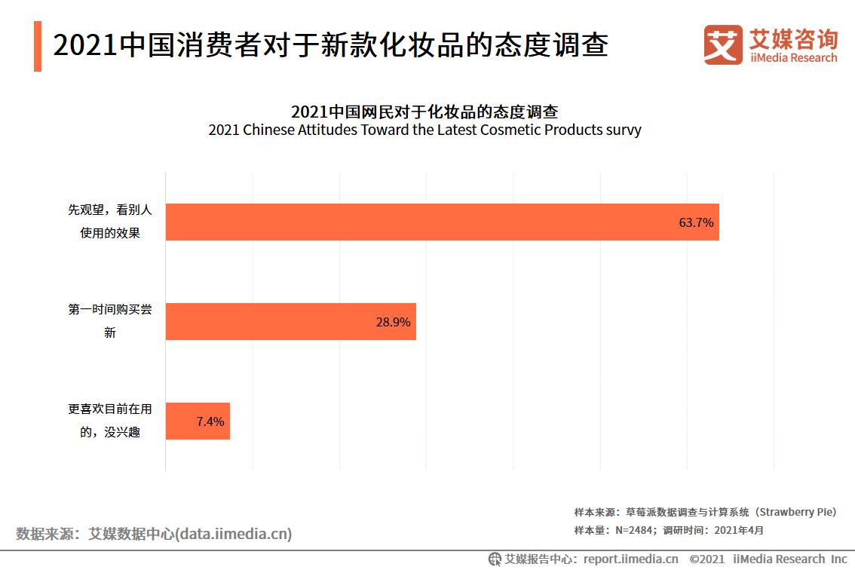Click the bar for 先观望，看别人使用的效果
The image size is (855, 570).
point(442,222)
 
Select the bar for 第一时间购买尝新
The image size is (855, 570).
point(290,322)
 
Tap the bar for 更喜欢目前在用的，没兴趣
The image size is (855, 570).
point(197,421)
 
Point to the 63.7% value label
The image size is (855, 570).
point(695,223)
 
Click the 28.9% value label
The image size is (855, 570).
point(393,323)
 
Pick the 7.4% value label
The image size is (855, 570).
point(210,422)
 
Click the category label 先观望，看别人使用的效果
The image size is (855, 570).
point(110,222)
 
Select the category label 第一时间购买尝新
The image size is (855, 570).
point(110,321)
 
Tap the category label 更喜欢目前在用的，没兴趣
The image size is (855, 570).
point(110,421)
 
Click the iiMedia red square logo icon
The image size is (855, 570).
point(722,44)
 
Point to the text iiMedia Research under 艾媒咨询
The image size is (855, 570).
point(793,58)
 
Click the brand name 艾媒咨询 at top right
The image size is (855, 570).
point(793,38)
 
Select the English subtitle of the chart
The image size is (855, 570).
point(424,130)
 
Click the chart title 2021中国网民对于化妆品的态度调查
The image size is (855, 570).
point(424,112)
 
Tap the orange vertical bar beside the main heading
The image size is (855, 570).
point(38,47)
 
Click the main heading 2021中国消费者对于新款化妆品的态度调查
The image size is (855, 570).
point(330,46)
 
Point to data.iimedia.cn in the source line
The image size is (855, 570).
point(234,534)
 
